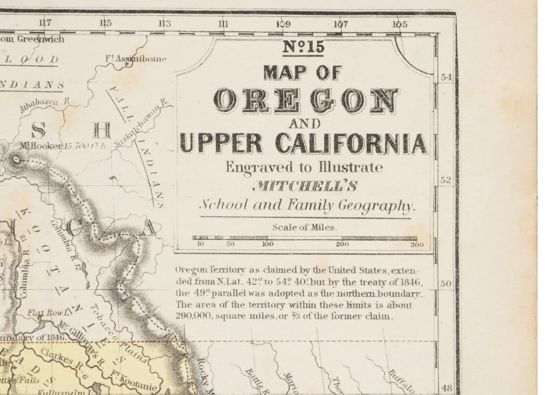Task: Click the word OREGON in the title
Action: pos(306,100)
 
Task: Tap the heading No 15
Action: pos(303,47)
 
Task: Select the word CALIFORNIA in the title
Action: pos(352,143)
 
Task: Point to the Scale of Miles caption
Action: pos(304,227)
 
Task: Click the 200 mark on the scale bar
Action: pos(342,245)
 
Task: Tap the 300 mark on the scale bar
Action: pos(416,245)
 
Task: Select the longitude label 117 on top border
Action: pos(45,23)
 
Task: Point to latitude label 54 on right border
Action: pos(446,77)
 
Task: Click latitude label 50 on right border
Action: pos(446,284)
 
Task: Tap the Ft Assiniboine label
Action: pos(136,58)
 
